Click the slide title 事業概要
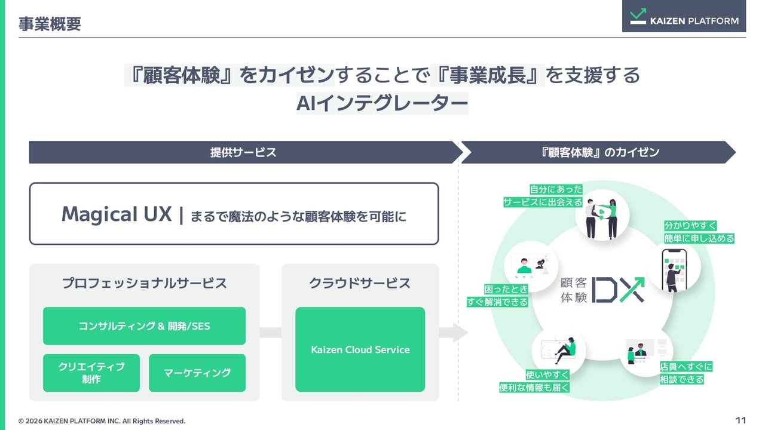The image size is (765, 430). click(50, 24)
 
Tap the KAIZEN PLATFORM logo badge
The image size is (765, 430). click(684, 16)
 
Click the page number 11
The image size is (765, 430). click(740, 420)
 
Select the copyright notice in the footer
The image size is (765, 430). click(102, 421)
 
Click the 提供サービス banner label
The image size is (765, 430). click(243, 152)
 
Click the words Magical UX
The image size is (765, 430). click(117, 214)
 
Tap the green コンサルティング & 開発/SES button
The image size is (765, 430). click(144, 326)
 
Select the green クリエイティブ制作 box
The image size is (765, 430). click(91, 373)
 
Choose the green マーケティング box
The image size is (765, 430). click(197, 373)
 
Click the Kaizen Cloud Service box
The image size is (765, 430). click(360, 349)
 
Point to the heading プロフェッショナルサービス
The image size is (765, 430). click(145, 283)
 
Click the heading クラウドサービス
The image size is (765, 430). click(360, 283)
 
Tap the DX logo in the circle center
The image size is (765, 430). click(618, 290)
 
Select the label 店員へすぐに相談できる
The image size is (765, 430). click(686, 373)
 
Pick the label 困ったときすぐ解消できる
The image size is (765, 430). click(498, 296)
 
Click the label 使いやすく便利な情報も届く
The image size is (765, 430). click(534, 381)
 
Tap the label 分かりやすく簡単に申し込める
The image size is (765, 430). click(699, 232)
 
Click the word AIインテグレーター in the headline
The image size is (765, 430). click(382, 103)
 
